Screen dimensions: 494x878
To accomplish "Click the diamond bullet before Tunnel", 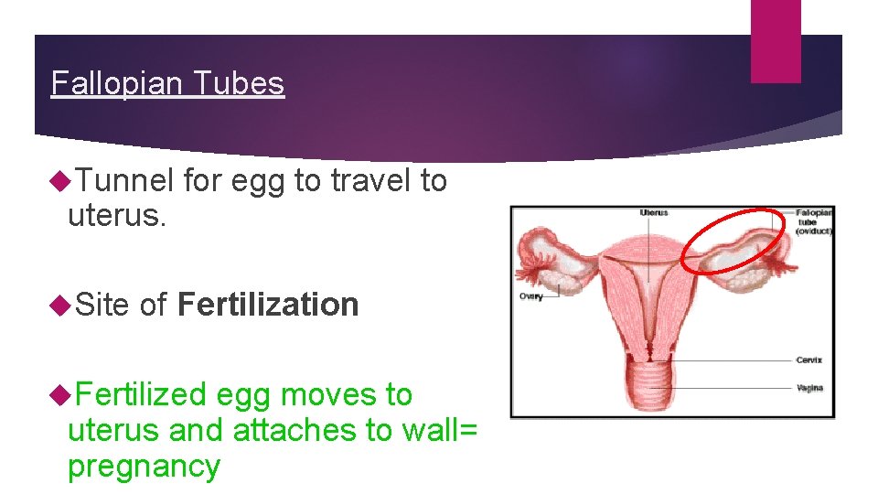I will (61, 181).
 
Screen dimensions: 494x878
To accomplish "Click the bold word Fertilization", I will (268, 305).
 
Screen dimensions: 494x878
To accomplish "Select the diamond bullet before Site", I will (61, 305).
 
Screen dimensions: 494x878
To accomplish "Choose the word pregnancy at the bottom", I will (144, 466).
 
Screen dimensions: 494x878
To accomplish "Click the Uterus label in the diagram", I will (654, 213).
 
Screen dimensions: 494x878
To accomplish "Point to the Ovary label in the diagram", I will (531, 296).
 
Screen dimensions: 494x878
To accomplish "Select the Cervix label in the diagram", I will (808, 360).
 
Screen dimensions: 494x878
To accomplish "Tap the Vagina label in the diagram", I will (808, 388).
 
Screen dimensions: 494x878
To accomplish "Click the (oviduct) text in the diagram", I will (813, 231).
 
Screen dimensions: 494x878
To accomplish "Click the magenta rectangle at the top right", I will (775, 40).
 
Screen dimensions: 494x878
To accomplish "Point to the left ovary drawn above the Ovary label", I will (548, 257).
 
